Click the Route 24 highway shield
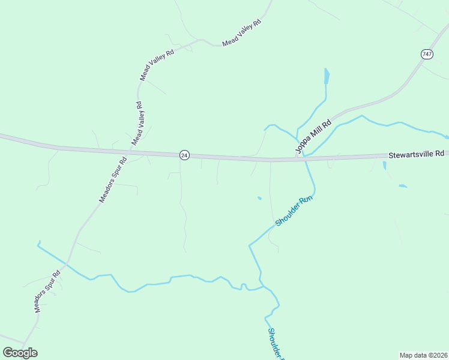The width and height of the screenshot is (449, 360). (x=184, y=155)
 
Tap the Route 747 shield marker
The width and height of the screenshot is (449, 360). (x=427, y=54)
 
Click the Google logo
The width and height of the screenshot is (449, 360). (x=20, y=353)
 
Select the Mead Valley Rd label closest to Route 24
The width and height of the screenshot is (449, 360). (x=137, y=124)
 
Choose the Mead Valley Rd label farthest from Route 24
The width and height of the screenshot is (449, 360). (x=242, y=33)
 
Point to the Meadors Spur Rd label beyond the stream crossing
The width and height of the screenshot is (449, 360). (x=47, y=292)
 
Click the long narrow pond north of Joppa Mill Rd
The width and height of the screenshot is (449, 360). (x=327, y=77)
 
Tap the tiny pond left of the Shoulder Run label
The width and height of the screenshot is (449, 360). (x=259, y=198)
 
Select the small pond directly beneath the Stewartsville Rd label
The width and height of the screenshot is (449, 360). (x=385, y=165)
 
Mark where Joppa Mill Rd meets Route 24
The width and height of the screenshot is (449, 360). (x=296, y=158)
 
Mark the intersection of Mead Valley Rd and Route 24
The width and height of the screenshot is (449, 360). (x=131, y=150)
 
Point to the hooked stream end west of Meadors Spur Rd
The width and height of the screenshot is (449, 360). (x=38, y=243)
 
